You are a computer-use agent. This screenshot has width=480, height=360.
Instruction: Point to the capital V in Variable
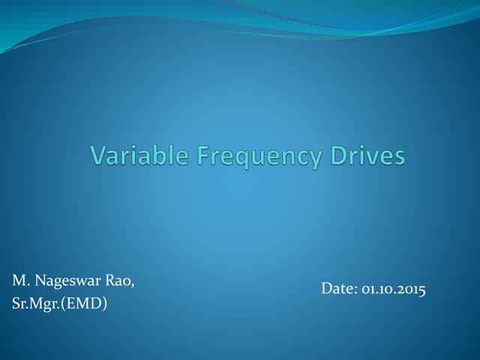(x=97, y=156)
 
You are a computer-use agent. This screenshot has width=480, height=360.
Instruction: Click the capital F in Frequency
(x=202, y=156)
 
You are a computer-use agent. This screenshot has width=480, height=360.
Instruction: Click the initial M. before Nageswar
(x=20, y=281)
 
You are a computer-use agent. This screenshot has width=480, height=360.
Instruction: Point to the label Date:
(x=339, y=289)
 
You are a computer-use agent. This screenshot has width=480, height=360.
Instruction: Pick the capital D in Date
(x=326, y=289)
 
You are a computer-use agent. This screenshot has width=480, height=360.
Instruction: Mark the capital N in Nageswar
(x=40, y=281)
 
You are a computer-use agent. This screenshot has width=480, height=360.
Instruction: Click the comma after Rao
(x=135, y=285)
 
